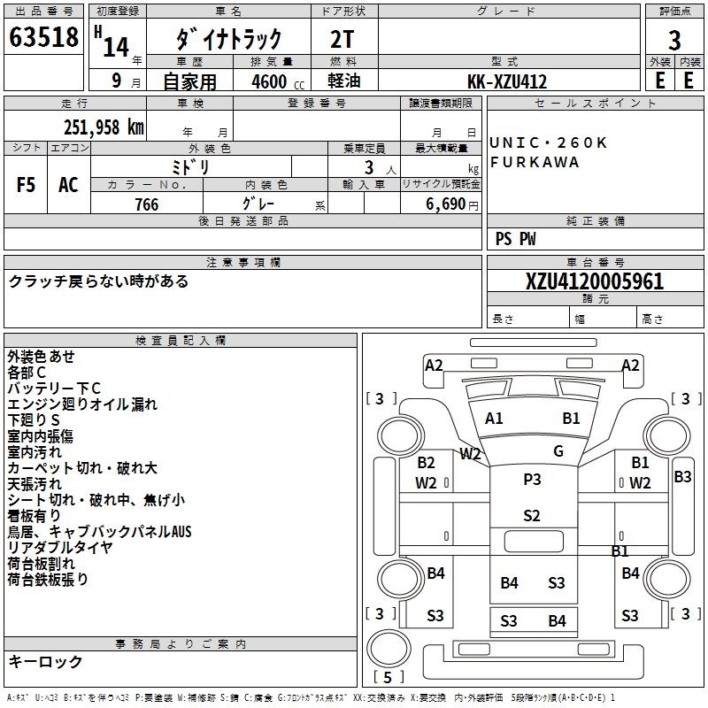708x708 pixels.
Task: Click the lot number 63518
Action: [x=43, y=37]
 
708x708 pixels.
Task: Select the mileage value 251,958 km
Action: [x=104, y=127]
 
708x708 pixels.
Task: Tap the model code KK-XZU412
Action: [x=507, y=81]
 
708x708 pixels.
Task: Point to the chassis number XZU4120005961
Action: [x=595, y=281]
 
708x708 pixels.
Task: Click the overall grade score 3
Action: [x=674, y=41]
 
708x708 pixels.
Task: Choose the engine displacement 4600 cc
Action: [x=278, y=81]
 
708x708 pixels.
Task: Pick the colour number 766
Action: [x=147, y=204]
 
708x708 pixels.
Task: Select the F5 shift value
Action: [x=26, y=185]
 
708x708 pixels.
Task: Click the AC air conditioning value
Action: [x=68, y=185]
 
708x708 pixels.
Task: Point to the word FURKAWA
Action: [x=535, y=162]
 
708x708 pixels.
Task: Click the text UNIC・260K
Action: [x=548, y=142]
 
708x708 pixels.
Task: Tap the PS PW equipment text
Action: [x=515, y=239]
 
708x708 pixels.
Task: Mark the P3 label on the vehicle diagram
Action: [x=532, y=480]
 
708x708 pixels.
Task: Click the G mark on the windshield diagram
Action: [x=558, y=451]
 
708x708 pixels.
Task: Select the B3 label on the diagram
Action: [x=682, y=477]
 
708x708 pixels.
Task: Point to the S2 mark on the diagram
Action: [x=532, y=516]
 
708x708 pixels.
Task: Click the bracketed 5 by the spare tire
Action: [x=388, y=677]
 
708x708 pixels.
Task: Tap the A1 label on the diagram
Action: [x=494, y=419]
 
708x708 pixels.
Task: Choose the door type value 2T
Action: [x=342, y=40]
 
